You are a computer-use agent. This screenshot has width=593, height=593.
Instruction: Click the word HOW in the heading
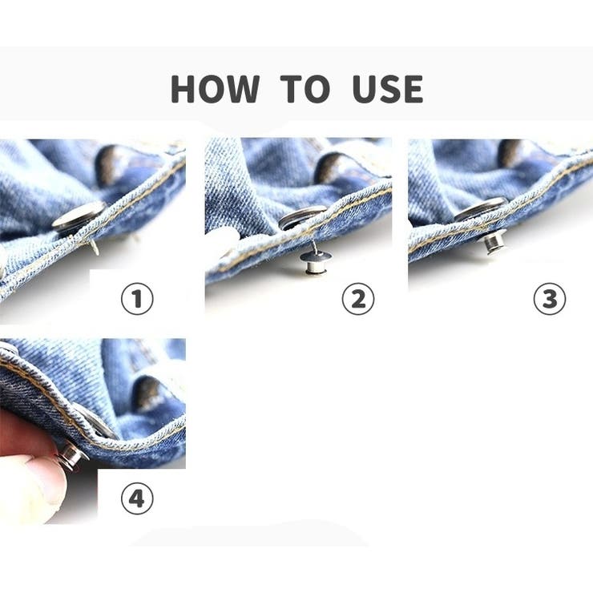[215, 89]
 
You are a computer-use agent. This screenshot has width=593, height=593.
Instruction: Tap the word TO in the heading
[305, 89]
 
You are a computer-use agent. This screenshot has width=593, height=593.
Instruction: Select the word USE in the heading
[388, 89]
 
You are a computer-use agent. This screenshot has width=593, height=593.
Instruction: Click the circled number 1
[137, 298]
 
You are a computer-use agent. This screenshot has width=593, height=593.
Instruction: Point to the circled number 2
[358, 298]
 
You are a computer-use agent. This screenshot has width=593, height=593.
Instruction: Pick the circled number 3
[550, 298]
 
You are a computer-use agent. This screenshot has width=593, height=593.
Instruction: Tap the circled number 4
[137, 498]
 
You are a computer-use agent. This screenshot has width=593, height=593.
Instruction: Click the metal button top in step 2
[302, 216]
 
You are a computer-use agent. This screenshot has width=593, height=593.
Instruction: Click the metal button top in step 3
[481, 209]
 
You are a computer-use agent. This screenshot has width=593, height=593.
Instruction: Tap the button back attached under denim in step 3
[492, 241]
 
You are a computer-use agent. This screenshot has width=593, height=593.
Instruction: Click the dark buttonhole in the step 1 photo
[109, 165]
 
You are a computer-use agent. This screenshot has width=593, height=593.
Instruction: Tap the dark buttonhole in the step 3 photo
[511, 153]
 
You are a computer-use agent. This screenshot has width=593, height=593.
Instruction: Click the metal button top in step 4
[95, 421]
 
